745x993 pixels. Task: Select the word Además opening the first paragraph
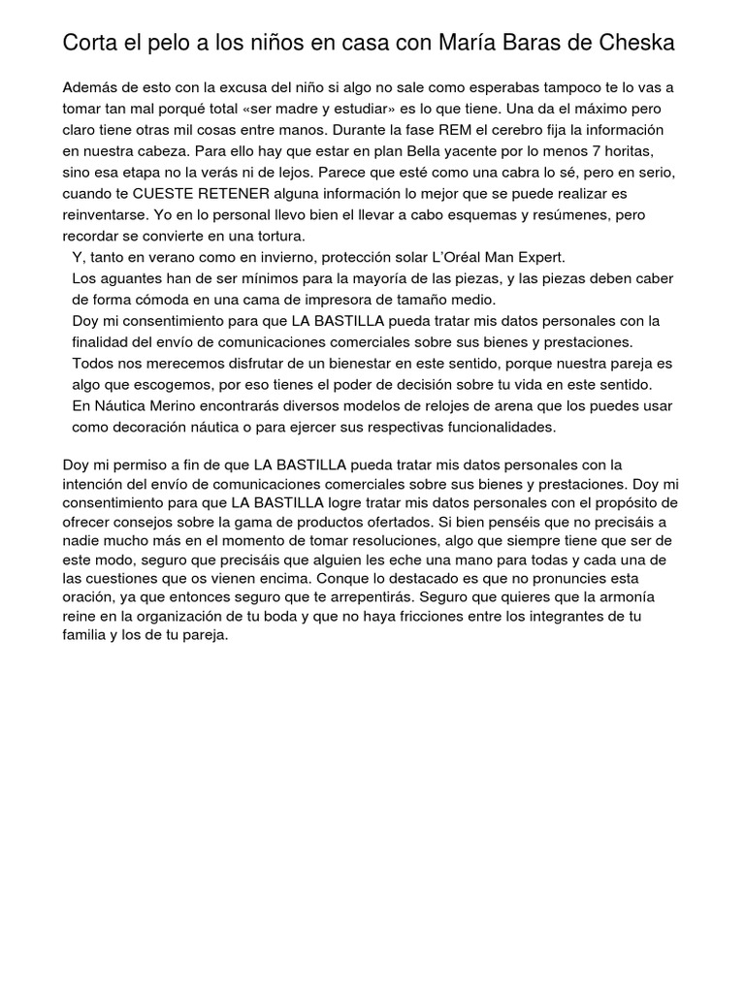[90, 88]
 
